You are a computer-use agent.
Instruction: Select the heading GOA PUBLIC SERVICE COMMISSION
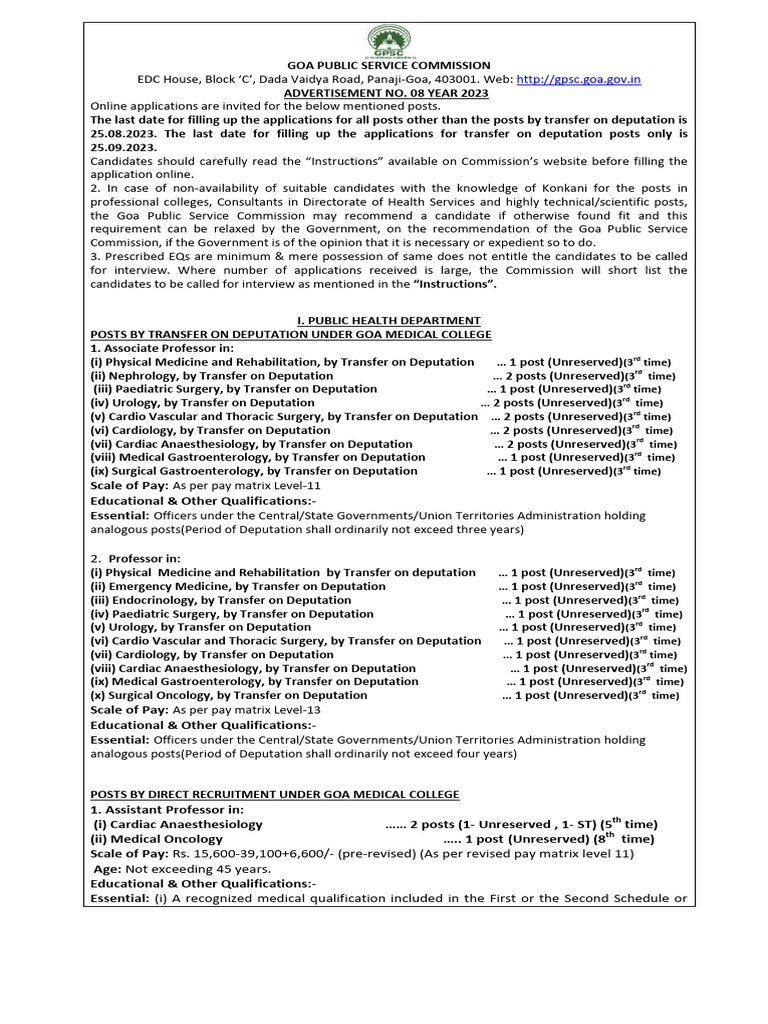pyautogui.click(x=384, y=65)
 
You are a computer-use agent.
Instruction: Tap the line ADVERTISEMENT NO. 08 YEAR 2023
pyautogui.click(x=384, y=92)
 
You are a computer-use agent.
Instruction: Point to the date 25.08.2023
pyautogui.click(x=121, y=132)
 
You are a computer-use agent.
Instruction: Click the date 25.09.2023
pyautogui.click(x=121, y=145)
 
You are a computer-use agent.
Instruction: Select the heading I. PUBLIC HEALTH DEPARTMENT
pyautogui.click(x=384, y=320)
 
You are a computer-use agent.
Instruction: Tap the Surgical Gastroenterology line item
pyautogui.click(x=254, y=470)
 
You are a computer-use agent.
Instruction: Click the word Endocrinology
pyautogui.click(x=155, y=600)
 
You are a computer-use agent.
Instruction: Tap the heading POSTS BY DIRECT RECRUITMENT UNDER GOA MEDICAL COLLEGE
pyautogui.click(x=275, y=794)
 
